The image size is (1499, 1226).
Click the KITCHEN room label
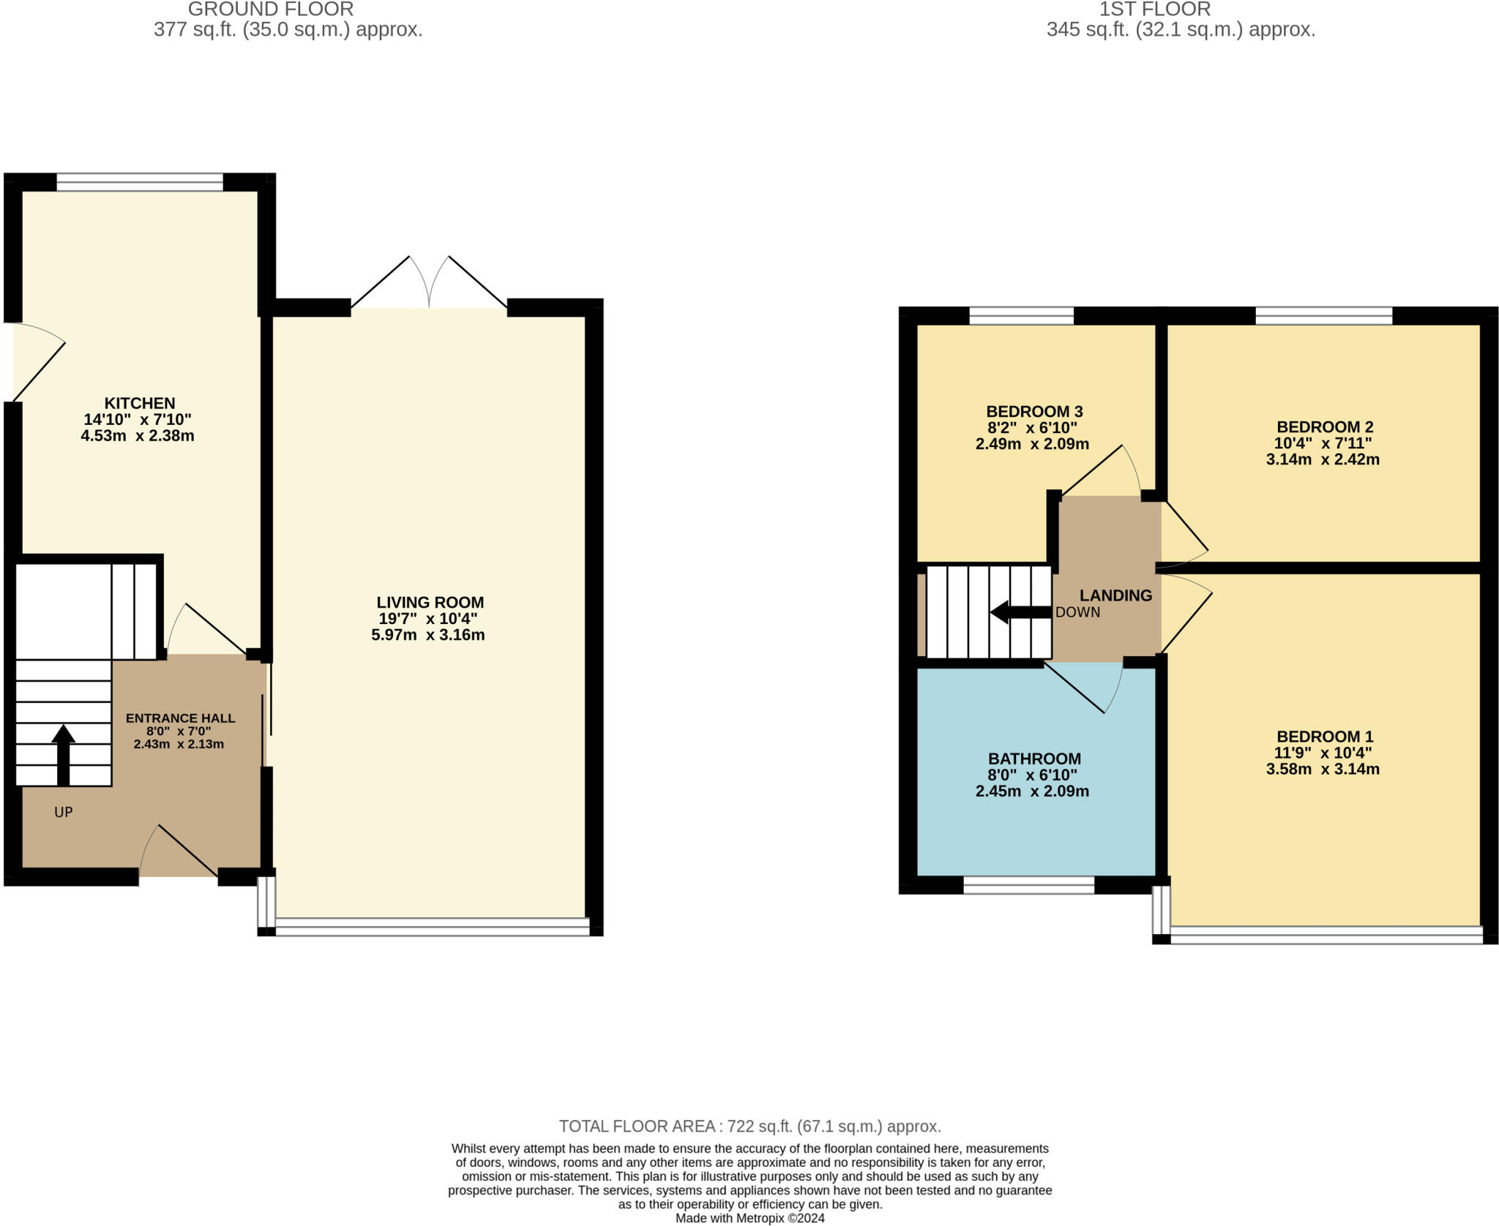(139, 403)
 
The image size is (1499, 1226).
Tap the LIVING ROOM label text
(430, 602)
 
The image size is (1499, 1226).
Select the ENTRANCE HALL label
(180, 718)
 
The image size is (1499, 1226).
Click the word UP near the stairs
(64, 812)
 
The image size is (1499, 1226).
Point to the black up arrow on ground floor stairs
(64, 753)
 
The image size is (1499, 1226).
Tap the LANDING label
(1115, 595)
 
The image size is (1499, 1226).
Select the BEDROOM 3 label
(1033, 411)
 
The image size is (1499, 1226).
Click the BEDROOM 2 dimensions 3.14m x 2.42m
(1322, 459)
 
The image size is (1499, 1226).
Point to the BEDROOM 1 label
(1324, 737)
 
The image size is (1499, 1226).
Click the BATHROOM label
(1033, 759)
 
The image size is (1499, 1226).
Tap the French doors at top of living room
(429, 285)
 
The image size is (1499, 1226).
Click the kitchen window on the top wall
(140, 182)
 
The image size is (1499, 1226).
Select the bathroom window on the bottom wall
(1028, 885)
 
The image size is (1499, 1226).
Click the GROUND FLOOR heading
(271, 10)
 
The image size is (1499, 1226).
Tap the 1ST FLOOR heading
(1154, 10)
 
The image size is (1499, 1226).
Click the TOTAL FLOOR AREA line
(749, 1126)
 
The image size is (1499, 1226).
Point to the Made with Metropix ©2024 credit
(749, 1218)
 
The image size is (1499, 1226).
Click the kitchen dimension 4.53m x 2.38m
(138, 436)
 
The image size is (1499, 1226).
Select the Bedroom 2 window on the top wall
(1323, 316)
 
